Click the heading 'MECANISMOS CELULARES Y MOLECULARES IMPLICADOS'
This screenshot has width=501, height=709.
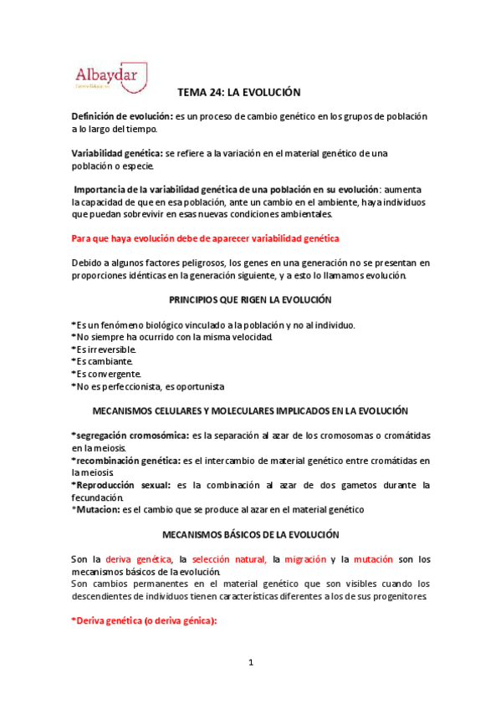tap(251, 411)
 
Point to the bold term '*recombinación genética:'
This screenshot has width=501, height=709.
tap(125, 460)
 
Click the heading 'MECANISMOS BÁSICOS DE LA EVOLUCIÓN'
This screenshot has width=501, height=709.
tap(251, 533)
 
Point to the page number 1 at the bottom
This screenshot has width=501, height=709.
tap(250, 663)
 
